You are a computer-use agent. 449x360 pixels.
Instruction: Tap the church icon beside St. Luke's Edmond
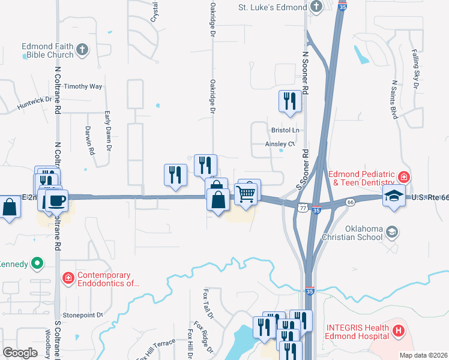point(317,7)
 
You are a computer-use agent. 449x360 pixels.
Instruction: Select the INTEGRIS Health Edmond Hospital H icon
point(398,330)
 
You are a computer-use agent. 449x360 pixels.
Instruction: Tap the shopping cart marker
point(246,194)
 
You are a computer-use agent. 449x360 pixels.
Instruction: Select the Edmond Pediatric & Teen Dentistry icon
point(403,178)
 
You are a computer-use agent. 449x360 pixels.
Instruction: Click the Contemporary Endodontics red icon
point(68,278)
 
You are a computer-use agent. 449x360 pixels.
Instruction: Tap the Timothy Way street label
point(83,86)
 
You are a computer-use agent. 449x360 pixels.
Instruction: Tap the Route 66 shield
point(349,203)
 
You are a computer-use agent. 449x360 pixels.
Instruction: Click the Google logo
point(20,353)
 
